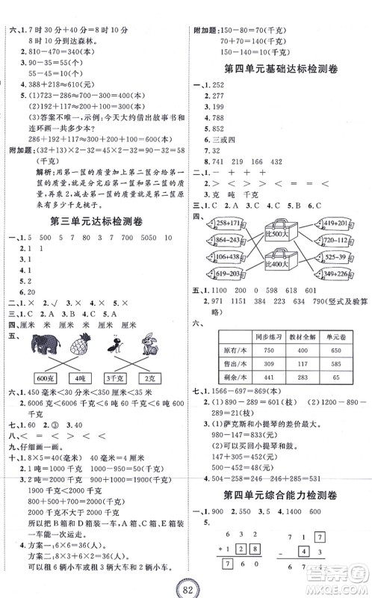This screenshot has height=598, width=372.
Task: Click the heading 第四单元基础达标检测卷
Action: (280, 69)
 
